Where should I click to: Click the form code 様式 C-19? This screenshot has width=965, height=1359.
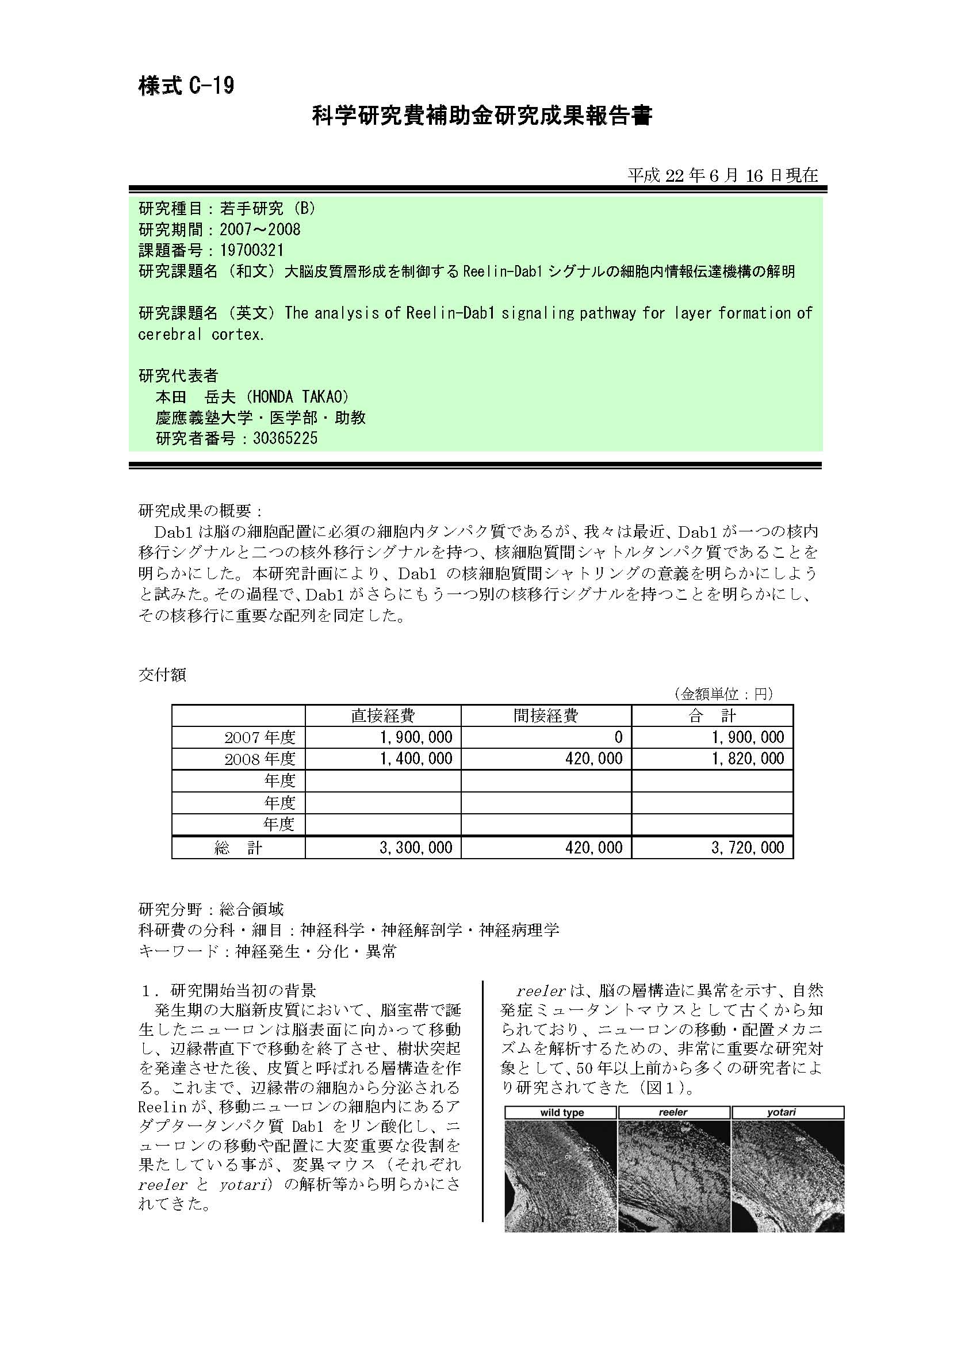(186, 86)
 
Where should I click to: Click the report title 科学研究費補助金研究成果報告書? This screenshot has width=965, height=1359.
(482, 116)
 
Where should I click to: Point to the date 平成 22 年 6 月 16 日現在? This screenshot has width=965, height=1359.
(722, 175)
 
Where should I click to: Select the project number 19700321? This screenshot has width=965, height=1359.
(251, 250)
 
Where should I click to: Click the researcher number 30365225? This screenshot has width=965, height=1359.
(285, 439)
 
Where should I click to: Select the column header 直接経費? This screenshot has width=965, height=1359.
(382, 715)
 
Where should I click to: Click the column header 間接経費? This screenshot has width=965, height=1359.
(546, 715)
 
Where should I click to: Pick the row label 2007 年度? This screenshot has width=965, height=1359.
(260, 737)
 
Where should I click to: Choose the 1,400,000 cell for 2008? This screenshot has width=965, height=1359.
(416, 759)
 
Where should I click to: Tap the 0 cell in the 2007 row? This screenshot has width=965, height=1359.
(618, 737)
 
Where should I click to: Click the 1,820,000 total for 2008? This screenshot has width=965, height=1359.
(748, 759)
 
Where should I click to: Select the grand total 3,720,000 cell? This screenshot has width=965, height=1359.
(748, 848)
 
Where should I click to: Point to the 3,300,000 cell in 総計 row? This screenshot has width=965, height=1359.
(416, 848)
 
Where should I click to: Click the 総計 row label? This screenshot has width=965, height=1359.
(238, 848)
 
